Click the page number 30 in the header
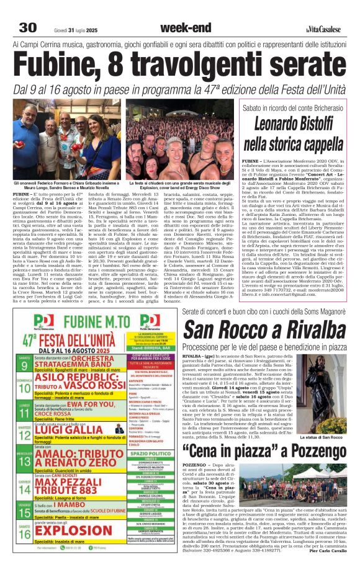(27, 28)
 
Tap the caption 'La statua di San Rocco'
(323, 437)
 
